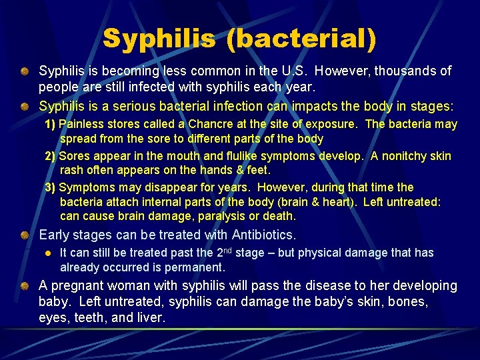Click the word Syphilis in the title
(159, 38)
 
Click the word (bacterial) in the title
(301, 38)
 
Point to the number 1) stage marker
(50, 124)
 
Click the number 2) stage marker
(50, 156)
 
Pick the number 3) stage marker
(50, 187)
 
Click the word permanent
(199, 267)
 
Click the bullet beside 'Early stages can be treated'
(25, 235)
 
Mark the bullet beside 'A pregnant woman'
(25, 285)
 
